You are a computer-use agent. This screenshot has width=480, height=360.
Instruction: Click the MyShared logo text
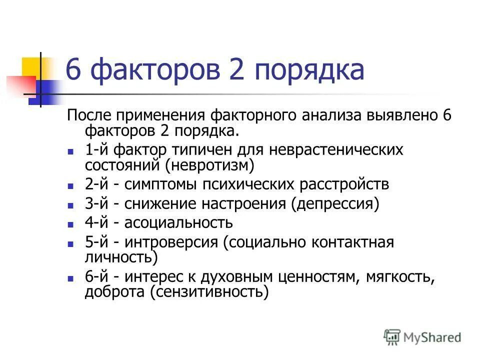432,337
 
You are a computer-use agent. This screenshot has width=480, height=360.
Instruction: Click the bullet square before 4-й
71,224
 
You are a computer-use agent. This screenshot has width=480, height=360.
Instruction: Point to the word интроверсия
171,242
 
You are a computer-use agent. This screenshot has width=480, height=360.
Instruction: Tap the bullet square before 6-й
71,278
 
